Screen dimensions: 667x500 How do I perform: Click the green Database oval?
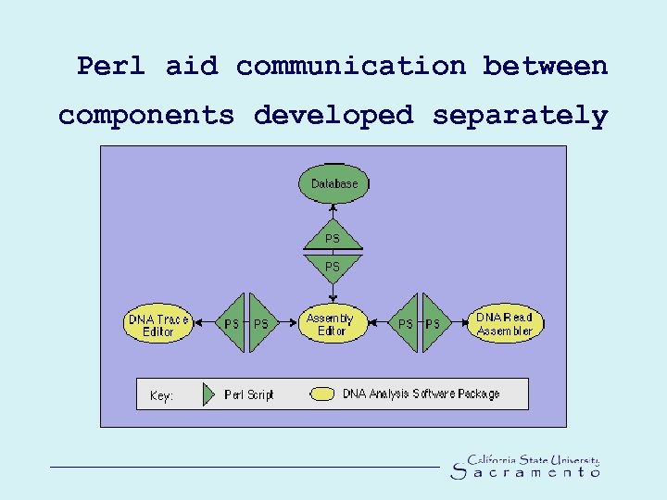[333, 183]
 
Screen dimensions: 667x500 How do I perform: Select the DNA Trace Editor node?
[157, 325]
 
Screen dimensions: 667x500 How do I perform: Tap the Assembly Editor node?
[332, 325]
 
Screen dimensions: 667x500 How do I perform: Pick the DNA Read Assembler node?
[505, 324]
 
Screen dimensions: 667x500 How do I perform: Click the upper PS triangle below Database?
[333, 238]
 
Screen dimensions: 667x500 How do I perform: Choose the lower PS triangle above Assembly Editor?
[333, 267]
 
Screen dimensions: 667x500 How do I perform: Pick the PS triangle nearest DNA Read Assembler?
[433, 324]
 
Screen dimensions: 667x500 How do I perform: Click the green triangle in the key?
[211, 394]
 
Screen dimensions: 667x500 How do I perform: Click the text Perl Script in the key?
[249, 395]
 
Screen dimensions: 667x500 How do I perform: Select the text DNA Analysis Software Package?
[421, 394]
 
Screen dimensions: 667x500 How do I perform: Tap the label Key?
[161, 396]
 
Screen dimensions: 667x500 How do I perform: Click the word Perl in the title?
[111, 67]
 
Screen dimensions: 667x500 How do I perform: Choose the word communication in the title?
[351, 67]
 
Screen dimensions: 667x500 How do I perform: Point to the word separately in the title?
[520, 116]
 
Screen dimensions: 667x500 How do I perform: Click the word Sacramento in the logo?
[525, 473]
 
